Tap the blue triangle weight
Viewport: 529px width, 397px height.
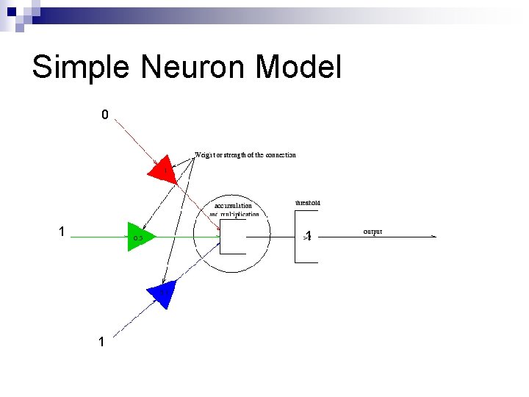click(x=162, y=293)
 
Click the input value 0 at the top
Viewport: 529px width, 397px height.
click(x=105, y=115)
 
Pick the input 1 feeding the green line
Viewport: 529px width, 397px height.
click(x=62, y=232)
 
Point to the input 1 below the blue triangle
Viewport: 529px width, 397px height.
click(x=101, y=342)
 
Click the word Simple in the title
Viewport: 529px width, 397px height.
click(x=80, y=68)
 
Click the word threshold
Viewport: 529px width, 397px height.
click(x=307, y=203)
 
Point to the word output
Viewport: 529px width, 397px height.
click(x=373, y=232)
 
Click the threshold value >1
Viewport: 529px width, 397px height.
click(x=308, y=237)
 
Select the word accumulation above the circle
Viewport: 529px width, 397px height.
click(x=233, y=206)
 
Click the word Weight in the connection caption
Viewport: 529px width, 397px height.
click(x=205, y=155)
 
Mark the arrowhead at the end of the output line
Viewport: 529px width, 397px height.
click(x=433, y=237)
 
